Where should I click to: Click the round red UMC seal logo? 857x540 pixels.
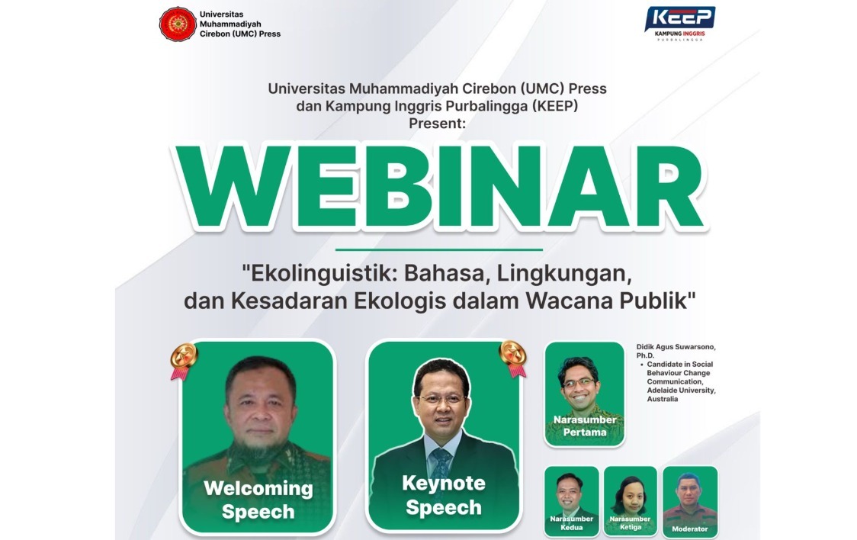pyautogui.click(x=178, y=24)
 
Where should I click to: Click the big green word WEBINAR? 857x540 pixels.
pyautogui.click(x=440, y=187)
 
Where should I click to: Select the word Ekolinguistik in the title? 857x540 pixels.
pyautogui.click(x=321, y=273)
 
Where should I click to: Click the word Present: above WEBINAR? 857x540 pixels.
pyautogui.click(x=437, y=123)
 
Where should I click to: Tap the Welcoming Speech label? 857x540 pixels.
pyautogui.click(x=258, y=500)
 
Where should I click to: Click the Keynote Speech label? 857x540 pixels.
pyautogui.click(x=444, y=495)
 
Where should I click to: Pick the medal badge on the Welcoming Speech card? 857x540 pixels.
pyautogui.click(x=184, y=361)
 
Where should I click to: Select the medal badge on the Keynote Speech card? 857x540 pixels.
pyautogui.click(x=513, y=358)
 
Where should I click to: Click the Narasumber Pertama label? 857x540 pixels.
pyautogui.click(x=585, y=426)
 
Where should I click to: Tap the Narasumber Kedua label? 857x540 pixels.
pyautogui.click(x=572, y=523)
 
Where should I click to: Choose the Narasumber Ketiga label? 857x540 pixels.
pyautogui.click(x=631, y=523)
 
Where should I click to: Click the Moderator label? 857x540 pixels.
pyautogui.click(x=690, y=529)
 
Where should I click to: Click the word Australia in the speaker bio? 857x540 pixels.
pyautogui.click(x=663, y=399)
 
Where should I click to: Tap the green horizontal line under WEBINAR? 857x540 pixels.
pyautogui.click(x=439, y=249)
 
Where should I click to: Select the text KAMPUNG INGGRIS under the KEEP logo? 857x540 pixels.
pyautogui.click(x=679, y=34)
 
